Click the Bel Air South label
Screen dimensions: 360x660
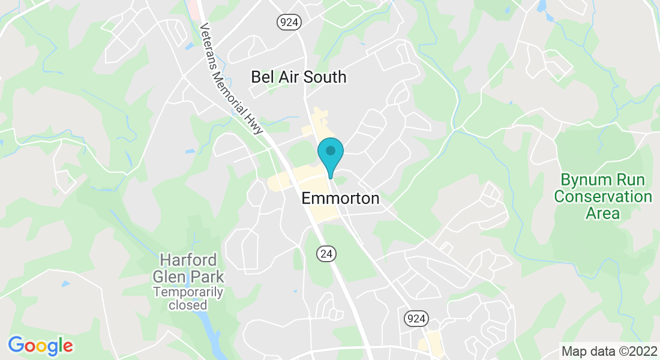[298, 77]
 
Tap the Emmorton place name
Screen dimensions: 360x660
[340, 198]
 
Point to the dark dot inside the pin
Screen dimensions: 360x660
[330, 151]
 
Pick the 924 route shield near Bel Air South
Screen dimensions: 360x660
[289, 22]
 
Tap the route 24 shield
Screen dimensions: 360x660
[326, 254]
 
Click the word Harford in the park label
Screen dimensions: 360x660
[188, 261]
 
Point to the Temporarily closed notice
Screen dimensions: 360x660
[188, 298]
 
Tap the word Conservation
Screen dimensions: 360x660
[602, 196]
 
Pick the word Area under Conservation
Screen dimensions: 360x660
[602, 212]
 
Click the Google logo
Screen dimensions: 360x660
[40, 346]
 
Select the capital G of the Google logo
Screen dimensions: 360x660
[16, 345]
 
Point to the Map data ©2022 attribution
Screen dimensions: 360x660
[608, 350]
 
